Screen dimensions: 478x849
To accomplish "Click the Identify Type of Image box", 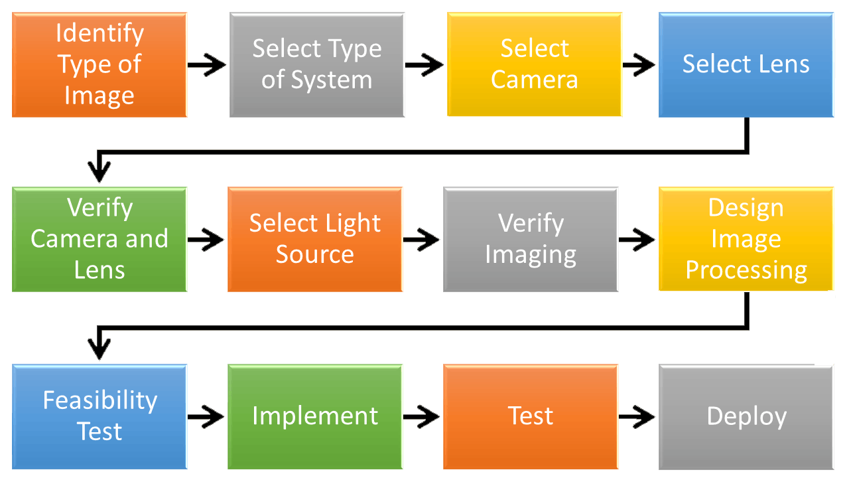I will (x=99, y=65).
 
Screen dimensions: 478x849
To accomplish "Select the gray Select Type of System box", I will (x=317, y=65).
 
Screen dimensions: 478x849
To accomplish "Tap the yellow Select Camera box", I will (x=535, y=65).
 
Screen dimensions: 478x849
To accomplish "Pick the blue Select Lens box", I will (x=746, y=65).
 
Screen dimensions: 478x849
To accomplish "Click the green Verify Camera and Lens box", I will (x=99, y=239).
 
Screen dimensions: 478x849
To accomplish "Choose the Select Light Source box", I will (x=315, y=239).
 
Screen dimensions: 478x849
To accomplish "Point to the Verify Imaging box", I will (x=531, y=239).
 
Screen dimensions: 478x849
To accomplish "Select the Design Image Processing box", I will (x=746, y=239).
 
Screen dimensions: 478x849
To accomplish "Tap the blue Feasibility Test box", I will (x=99, y=416).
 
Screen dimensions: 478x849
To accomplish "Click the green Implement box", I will (x=315, y=416).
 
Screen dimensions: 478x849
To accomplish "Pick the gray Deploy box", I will (x=746, y=416).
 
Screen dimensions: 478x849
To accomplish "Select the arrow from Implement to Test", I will (x=423, y=417).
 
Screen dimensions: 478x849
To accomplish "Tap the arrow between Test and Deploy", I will (x=637, y=417).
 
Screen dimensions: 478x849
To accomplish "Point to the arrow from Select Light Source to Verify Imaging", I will (x=423, y=240).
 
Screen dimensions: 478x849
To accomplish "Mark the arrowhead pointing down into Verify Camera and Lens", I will (x=99, y=172).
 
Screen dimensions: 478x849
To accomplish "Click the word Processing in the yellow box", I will (x=746, y=270).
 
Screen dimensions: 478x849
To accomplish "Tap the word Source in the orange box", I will (x=315, y=255).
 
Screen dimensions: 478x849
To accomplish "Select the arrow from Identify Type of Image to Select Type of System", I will (x=208, y=65).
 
